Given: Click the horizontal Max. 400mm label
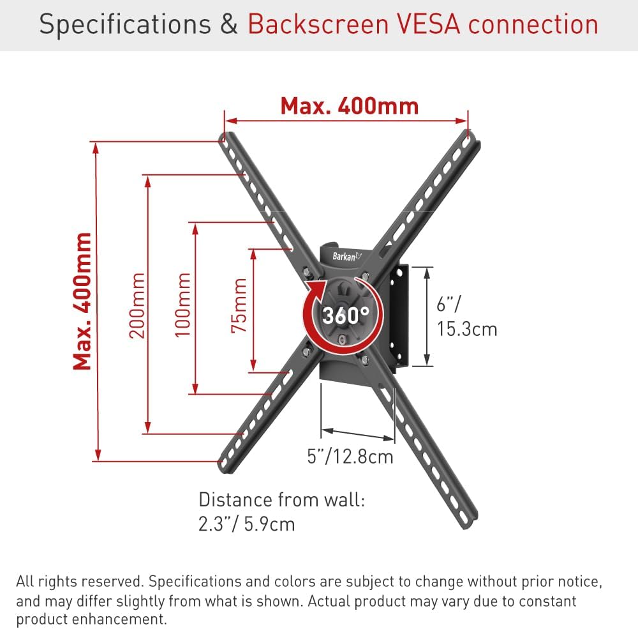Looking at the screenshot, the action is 350,106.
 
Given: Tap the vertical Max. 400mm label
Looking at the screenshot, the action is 82,301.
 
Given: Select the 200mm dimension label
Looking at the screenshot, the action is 137,305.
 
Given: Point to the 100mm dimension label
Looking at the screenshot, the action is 182,305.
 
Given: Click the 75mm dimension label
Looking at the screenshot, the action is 239,305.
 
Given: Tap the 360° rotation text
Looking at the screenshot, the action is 346,315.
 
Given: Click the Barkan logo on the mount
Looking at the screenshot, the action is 346,256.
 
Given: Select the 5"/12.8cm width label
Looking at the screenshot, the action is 350,457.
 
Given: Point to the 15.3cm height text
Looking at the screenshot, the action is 467,329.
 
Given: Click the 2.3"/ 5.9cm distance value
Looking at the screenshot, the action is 246,524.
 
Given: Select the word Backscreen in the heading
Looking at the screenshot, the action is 318,24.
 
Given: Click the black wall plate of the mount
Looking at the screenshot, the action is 399,315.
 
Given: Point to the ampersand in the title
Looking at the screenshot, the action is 230,24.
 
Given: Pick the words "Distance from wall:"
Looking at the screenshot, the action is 282,499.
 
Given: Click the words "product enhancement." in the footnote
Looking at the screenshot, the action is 91,619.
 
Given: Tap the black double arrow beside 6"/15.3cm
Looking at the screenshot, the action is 427,317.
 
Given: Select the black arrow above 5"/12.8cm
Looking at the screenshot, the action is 358,434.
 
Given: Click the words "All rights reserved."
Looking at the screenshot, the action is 80,581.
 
